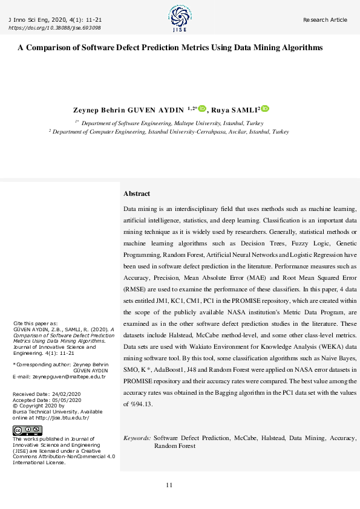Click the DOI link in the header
point(55,28)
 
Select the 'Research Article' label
point(326,20)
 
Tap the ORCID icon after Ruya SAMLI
point(265,109)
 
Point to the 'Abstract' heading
point(136,193)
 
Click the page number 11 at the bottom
point(169,485)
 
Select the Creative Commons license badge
point(27,430)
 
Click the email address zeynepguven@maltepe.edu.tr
point(69,377)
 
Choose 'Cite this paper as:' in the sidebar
point(36,323)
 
